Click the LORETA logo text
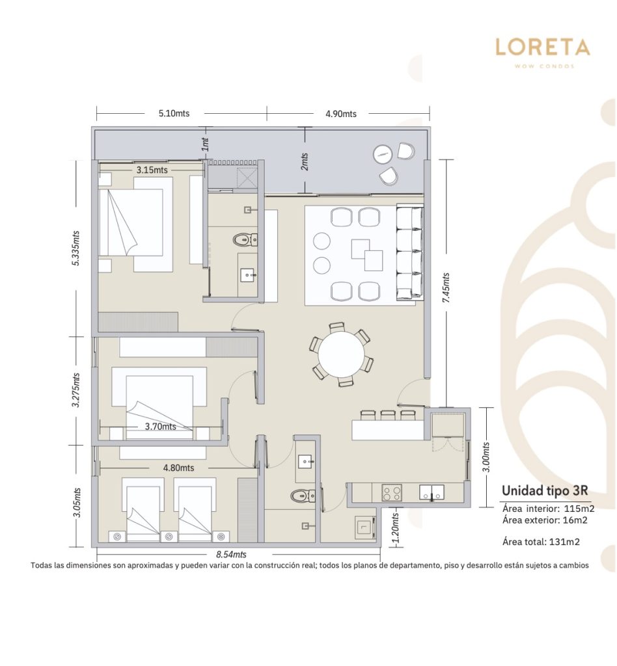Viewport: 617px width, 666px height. point(543,47)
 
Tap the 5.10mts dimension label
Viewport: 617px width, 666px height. point(174,113)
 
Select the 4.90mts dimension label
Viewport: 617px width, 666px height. point(341,114)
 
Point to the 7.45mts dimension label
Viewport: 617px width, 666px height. point(446,287)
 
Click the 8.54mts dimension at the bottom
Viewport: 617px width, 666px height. point(231,554)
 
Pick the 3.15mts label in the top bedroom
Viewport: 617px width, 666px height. point(152,170)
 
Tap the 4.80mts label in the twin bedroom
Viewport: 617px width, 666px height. point(178,468)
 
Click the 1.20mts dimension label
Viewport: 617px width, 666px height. point(395,528)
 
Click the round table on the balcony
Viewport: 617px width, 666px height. point(383,155)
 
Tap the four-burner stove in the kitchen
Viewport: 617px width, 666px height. point(391,493)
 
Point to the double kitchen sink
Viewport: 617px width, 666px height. point(432,492)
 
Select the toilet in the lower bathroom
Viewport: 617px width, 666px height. point(303,495)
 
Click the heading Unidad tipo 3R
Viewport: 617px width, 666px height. point(545,490)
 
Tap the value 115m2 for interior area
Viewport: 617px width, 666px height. point(579,509)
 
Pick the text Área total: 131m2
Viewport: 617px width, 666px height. point(541,542)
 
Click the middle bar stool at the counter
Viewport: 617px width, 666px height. point(388,414)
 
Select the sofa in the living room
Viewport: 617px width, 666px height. point(410,252)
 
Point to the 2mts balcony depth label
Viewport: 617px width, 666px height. point(304,161)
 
